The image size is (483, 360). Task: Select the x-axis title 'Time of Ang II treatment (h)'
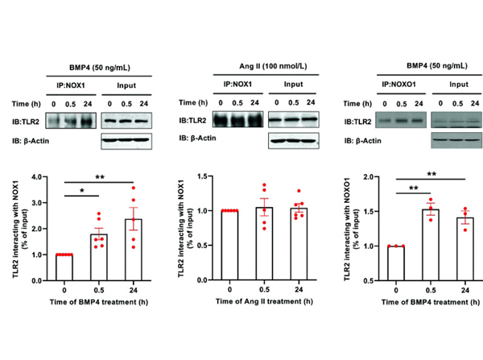[264, 310]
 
